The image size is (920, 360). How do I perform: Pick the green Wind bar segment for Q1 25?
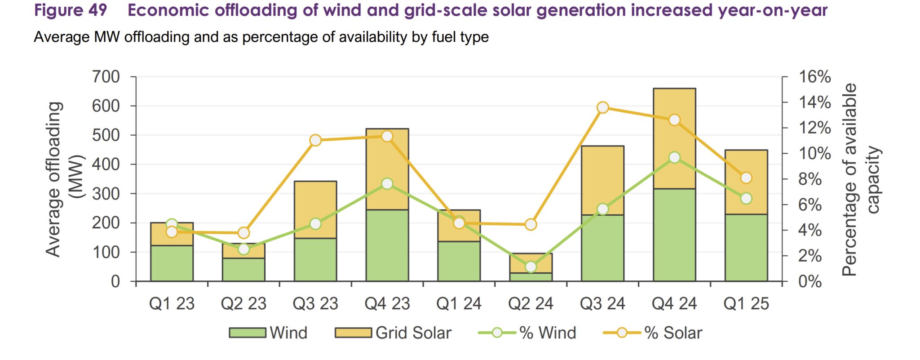coord(746,248)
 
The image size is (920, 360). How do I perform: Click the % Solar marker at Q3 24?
coord(603,107)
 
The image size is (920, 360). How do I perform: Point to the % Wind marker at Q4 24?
coord(674,157)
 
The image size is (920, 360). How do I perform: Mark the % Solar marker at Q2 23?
coord(243,233)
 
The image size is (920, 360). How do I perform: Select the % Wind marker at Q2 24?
coord(531,267)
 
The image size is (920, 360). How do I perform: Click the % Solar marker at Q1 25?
coord(746,178)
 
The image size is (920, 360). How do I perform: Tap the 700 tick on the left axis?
coord(106,77)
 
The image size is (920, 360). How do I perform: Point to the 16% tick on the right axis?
coord(814,77)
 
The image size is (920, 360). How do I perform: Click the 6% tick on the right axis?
coord(809,205)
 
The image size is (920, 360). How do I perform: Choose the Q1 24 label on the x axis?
coord(459,304)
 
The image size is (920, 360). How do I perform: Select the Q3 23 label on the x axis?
coord(315,304)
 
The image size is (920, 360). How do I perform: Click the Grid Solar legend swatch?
coord(353,333)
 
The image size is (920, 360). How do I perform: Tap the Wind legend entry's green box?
coord(248,333)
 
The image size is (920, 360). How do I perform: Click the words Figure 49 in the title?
coord(71,10)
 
